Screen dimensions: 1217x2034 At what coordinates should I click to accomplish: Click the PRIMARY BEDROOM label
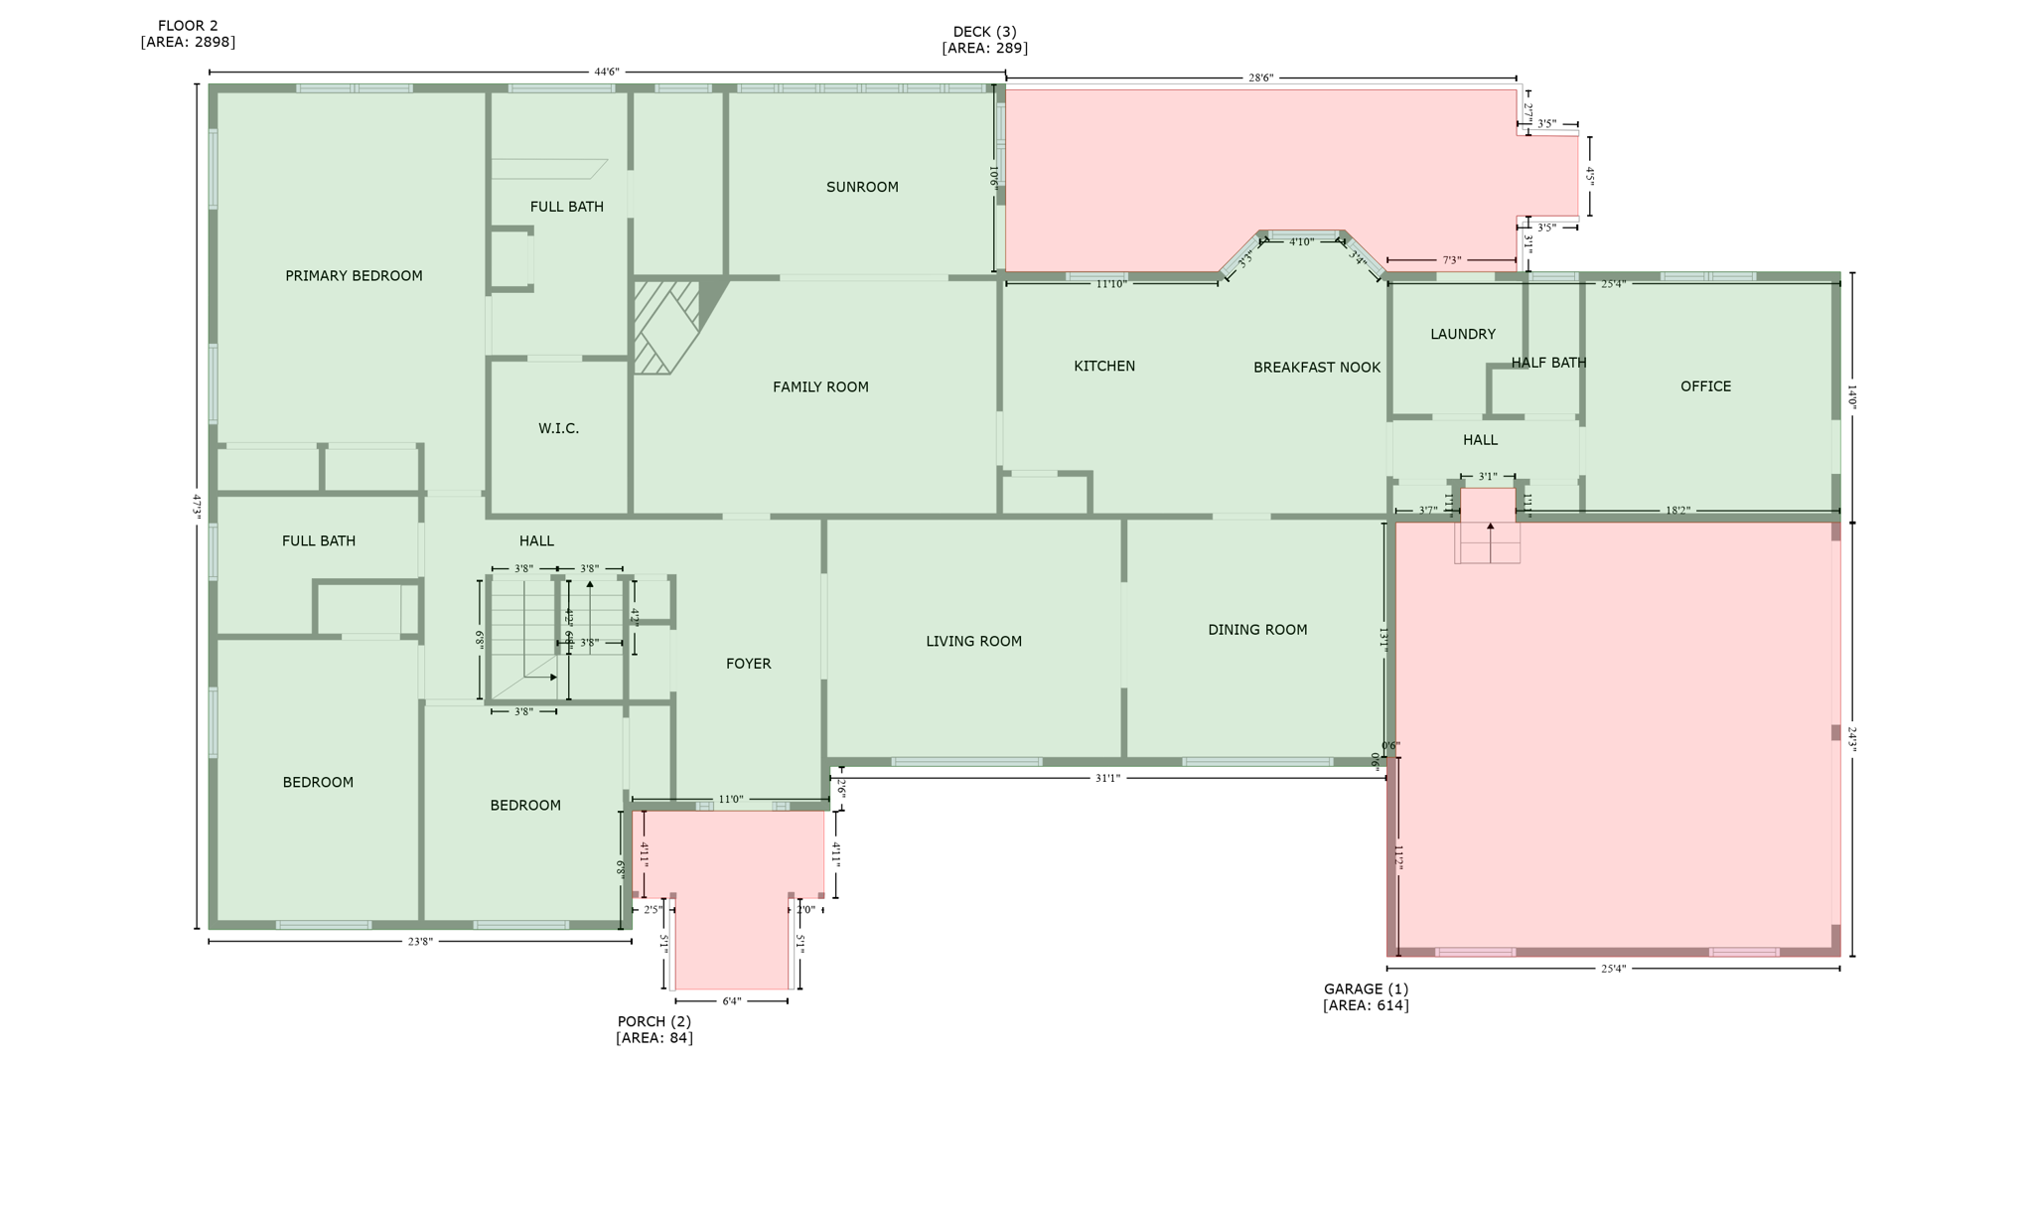354,276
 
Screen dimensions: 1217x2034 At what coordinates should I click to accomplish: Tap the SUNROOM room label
862,187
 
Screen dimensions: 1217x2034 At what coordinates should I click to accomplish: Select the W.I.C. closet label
558,428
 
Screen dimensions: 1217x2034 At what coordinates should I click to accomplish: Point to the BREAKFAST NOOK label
1316,368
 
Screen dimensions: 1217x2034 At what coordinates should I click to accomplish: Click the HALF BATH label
1548,363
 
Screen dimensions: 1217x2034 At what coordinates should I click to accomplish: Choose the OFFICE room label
1705,386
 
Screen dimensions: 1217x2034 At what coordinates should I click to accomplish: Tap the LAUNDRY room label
1462,334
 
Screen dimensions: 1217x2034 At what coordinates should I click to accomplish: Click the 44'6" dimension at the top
607,72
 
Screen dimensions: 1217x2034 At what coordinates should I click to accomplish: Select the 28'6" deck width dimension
1260,77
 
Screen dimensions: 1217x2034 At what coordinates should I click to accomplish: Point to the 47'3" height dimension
197,505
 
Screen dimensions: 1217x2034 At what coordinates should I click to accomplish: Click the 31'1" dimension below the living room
1107,778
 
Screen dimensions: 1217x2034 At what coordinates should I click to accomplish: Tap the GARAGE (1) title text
1366,989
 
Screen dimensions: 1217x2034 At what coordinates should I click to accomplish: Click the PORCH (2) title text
654,1021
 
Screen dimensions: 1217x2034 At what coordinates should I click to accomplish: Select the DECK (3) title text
984,32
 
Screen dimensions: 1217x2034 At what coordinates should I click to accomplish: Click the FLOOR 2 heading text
188,26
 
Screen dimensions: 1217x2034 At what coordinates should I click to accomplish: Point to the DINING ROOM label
1257,630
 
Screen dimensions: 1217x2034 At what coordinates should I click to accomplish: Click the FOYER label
748,664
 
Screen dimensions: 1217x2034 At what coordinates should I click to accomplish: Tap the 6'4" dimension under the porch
731,1001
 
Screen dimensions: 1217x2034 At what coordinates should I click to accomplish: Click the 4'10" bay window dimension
1301,241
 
